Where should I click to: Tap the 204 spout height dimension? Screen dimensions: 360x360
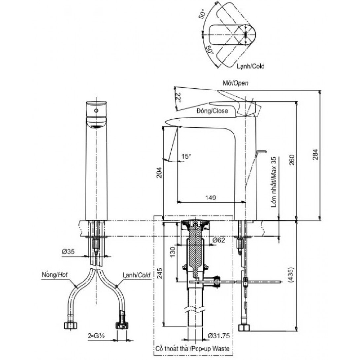[x=159, y=172]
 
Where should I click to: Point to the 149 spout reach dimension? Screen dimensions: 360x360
[x=211, y=198]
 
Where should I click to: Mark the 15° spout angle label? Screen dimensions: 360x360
[x=186, y=157]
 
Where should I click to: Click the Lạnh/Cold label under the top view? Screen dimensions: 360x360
[x=250, y=66]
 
